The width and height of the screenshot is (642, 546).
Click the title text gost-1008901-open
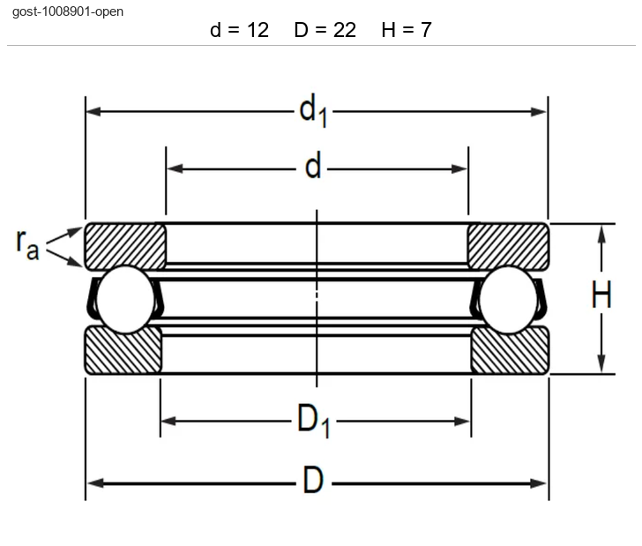(x=68, y=11)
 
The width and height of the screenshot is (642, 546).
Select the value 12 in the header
(x=258, y=30)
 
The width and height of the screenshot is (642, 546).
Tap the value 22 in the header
(x=344, y=30)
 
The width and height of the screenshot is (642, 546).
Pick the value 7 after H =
(x=426, y=30)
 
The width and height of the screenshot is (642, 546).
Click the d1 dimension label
(x=313, y=110)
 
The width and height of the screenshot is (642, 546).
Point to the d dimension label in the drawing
(x=313, y=165)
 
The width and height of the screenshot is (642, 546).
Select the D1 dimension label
(x=313, y=420)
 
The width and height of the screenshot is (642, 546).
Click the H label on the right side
(x=601, y=294)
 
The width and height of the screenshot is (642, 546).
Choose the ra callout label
(x=28, y=244)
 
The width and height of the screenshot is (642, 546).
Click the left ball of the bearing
(x=126, y=299)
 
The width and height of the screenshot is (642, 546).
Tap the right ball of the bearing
(x=508, y=299)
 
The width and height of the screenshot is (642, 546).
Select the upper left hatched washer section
(x=125, y=247)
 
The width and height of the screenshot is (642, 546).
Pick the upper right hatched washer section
(x=508, y=247)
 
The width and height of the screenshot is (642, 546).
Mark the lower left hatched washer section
(x=123, y=350)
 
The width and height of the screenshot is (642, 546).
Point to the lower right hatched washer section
(x=510, y=350)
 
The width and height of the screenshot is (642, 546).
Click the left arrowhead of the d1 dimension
(x=93, y=111)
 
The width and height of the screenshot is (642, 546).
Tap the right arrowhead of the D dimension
(x=539, y=483)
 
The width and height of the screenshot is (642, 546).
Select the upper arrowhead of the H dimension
(x=601, y=235)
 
